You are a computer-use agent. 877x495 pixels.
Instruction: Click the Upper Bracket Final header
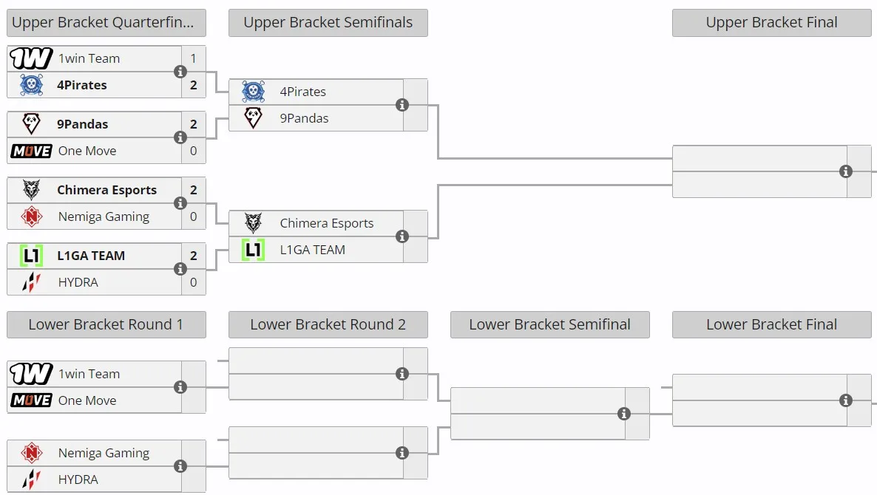771,23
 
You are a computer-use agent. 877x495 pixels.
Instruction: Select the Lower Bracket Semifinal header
550,324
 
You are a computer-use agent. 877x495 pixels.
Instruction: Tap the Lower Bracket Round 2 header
328,324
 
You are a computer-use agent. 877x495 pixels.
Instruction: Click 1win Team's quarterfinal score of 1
194,58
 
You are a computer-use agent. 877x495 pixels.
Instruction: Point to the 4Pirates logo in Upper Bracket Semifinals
254,91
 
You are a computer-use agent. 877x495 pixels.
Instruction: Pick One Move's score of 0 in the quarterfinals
194,151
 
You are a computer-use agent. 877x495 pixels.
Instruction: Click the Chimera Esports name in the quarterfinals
106,190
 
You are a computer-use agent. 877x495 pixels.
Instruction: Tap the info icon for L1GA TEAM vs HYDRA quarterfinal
180,269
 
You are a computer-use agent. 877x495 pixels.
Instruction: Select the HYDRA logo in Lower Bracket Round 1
31,479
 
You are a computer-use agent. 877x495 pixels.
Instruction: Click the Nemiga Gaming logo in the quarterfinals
31,216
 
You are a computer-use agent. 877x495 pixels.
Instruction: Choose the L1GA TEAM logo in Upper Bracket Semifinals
254,250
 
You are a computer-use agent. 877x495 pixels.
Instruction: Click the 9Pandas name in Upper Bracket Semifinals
304,118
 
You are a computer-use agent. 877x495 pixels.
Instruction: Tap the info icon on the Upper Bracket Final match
846,171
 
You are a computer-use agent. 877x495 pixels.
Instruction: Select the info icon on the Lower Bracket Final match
846,400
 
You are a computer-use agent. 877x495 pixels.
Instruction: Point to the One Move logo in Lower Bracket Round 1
31,400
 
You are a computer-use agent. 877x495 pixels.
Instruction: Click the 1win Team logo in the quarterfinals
31,58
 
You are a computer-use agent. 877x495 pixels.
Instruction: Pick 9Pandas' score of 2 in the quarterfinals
194,124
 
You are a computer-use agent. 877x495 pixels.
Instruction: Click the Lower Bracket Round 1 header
106,324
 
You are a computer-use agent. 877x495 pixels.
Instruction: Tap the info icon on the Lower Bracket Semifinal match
624,414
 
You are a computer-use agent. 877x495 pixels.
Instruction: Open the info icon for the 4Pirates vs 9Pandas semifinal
402,105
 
